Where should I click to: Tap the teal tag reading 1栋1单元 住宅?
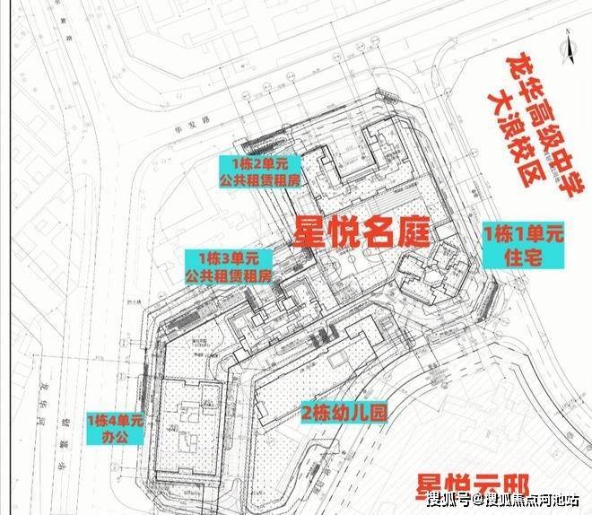[523, 246]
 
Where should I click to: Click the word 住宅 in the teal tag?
[523, 257]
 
